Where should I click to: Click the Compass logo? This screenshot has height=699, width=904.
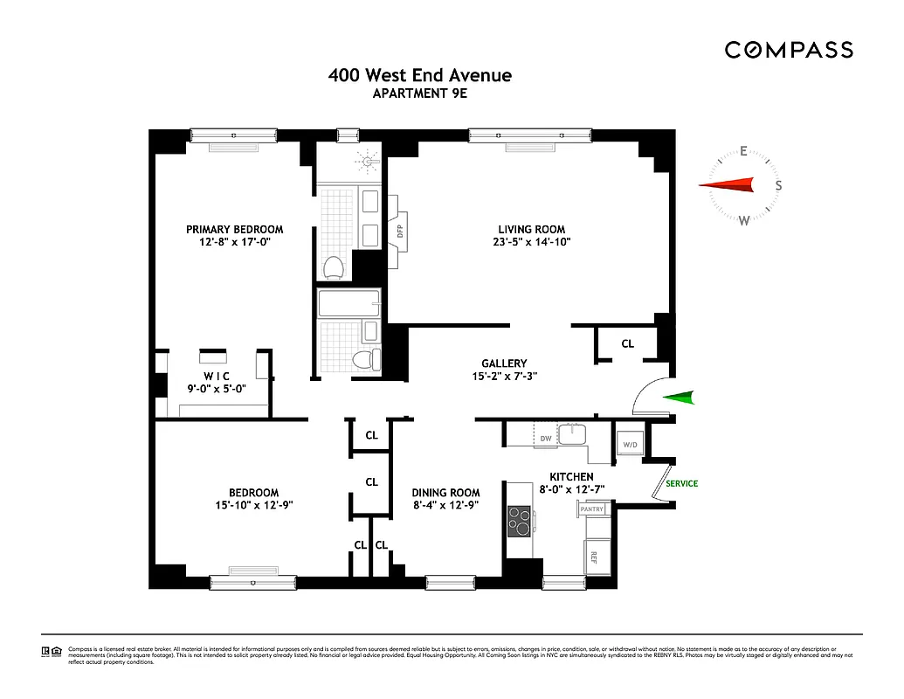788,50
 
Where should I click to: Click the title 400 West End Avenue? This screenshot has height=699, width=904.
420,75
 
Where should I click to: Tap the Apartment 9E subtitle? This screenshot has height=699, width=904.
420,94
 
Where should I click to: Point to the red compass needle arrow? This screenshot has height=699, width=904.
727,184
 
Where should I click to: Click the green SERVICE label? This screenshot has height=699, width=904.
681,483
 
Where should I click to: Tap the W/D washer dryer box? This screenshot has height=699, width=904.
629,445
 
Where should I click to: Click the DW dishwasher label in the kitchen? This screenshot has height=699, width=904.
546,439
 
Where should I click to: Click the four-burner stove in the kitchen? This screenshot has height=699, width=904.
521,521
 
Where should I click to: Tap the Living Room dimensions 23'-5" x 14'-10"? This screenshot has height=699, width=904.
530,243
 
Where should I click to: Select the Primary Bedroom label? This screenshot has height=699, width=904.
234,229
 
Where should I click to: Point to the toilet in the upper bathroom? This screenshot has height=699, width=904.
332,265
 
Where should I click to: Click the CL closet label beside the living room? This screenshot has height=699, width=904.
627,343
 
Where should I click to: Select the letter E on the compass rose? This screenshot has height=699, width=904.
743,150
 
